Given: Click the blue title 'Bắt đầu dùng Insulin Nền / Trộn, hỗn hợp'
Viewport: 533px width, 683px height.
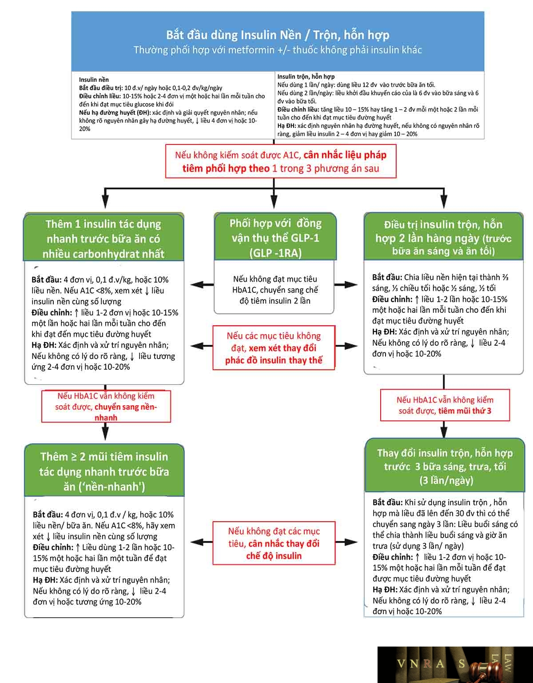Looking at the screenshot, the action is (x=278, y=35).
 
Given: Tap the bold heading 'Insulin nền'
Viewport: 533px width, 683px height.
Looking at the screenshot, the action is (x=94, y=80).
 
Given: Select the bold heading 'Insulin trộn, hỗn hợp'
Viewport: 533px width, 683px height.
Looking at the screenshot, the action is (x=306, y=76).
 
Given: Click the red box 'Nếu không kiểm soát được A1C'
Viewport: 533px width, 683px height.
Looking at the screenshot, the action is (x=281, y=161).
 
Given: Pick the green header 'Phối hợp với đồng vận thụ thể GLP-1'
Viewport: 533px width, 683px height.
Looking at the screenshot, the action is (x=275, y=237).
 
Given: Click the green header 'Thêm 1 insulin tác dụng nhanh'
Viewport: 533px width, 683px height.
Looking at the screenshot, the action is (x=103, y=238).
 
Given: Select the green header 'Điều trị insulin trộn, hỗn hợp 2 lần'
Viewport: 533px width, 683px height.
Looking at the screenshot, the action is (x=443, y=237).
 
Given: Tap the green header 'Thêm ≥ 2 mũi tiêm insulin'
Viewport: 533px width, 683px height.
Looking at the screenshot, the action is (x=104, y=471).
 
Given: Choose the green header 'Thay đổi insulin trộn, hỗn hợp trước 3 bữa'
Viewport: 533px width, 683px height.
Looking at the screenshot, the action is (x=445, y=466).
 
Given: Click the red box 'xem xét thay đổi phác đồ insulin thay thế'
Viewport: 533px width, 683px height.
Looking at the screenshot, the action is (x=274, y=347).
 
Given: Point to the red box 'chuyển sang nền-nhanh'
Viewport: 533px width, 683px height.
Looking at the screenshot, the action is (x=106, y=407).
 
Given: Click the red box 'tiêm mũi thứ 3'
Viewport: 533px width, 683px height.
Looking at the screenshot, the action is (x=445, y=405).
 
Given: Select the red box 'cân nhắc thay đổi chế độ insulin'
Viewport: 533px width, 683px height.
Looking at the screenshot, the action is (x=274, y=543).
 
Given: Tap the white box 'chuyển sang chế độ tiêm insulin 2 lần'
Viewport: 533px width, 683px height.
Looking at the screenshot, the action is (x=274, y=287).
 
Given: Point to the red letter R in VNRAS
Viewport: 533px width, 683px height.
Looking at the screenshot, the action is (x=427, y=663).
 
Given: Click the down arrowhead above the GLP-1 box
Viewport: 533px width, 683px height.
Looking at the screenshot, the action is (x=274, y=203).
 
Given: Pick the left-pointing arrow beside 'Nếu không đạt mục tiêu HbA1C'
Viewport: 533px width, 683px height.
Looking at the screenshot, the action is (x=202, y=285).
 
